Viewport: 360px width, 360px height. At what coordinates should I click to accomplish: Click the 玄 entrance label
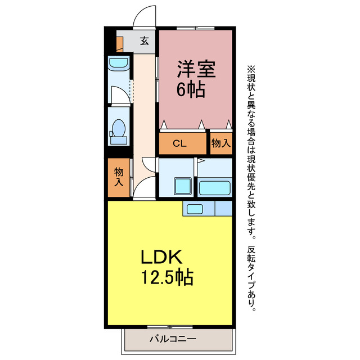point(145,41)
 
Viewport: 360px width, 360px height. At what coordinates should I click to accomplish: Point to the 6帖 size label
point(191,89)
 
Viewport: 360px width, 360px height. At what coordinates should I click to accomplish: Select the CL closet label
point(179,144)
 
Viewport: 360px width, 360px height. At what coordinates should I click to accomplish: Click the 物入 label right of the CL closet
point(220,143)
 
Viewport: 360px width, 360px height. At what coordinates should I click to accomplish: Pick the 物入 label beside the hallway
point(119,177)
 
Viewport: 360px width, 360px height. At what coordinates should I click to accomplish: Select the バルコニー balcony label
point(173,339)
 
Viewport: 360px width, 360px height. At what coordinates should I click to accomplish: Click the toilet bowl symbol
point(118,128)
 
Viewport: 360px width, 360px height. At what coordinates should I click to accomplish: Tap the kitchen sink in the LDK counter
point(195,209)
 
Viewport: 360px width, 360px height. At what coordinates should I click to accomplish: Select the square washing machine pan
point(182,186)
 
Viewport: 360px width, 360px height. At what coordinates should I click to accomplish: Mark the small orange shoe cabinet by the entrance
point(119,43)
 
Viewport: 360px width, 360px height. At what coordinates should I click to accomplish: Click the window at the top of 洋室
point(195,27)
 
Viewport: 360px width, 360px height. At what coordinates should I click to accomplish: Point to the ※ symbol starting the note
point(251,69)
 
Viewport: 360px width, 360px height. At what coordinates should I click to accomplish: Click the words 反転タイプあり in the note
point(251,277)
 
